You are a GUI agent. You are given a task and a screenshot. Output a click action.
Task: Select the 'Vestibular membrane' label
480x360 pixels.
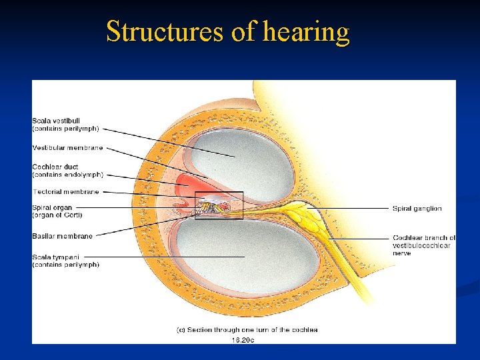tap(67, 147)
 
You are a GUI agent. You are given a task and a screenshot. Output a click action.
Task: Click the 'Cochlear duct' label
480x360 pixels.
tap(55, 167)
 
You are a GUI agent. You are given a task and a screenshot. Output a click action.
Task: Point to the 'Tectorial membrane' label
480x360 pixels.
tap(65, 191)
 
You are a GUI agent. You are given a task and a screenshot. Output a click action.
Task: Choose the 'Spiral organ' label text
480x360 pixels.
tap(52, 207)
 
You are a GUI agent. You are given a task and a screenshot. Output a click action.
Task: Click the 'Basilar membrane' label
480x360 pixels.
tap(62, 235)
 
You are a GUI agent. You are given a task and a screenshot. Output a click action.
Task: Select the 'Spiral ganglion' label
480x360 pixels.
tap(417, 209)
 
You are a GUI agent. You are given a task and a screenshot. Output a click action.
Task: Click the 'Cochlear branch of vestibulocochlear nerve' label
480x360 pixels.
tap(424, 245)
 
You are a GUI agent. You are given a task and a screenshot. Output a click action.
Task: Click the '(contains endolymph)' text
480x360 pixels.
tap(67, 175)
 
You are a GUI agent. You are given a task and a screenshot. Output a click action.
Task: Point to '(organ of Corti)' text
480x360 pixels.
tap(57, 215)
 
